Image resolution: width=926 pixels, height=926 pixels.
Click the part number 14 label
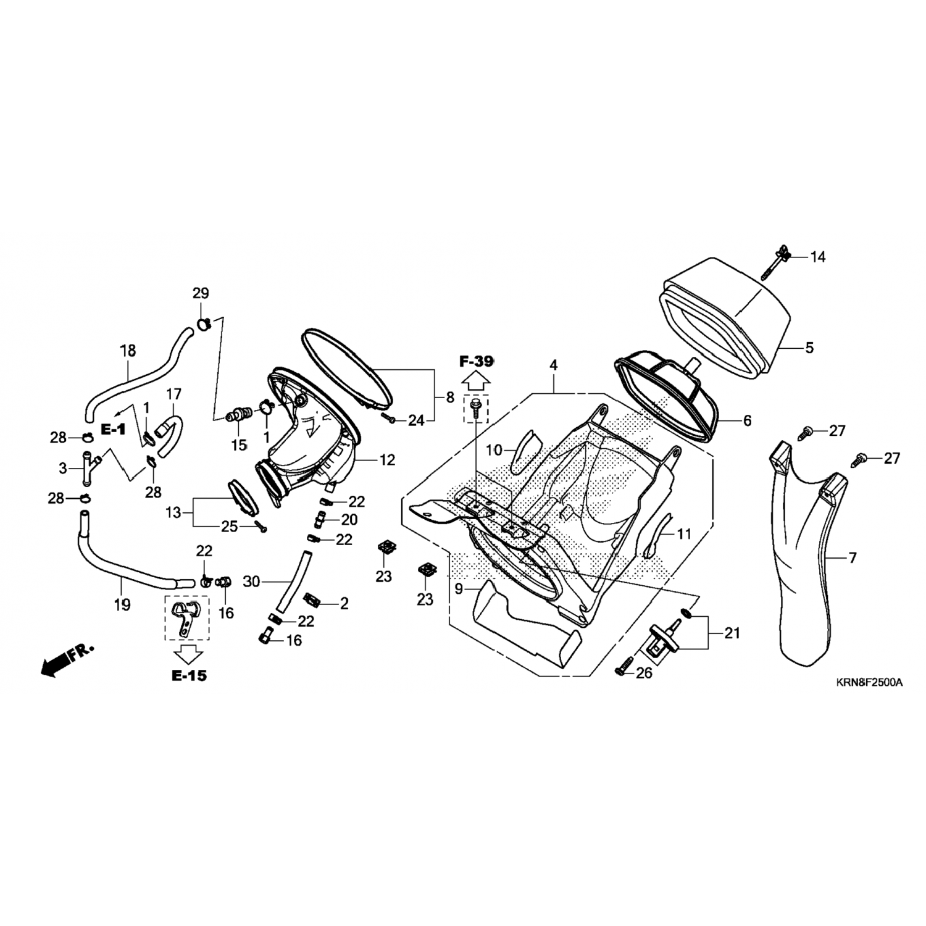pyautogui.click(x=817, y=257)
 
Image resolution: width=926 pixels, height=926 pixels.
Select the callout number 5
pyautogui.click(x=809, y=348)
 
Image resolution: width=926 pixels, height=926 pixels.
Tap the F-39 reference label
pyautogui.click(x=476, y=362)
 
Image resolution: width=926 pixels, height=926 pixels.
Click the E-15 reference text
pyautogui.click(x=189, y=675)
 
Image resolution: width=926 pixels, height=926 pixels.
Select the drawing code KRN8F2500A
pyautogui.click(x=869, y=683)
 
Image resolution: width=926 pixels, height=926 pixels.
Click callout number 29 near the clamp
pyautogui.click(x=201, y=293)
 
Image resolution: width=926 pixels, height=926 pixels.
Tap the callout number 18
pyautogui.click(x=128, y=351)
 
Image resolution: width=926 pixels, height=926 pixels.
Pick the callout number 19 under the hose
pyautogui.click(x=122, y=604)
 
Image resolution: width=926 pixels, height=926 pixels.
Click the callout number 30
pyautogui.click(x=251, y=581)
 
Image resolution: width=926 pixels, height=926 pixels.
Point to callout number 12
pyautogui.click(x=388, y=460)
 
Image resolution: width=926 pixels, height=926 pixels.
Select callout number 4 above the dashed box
pyautogui.click(x=554, y=365)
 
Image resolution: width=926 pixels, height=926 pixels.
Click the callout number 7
pyautogui.click(x=853, y=558)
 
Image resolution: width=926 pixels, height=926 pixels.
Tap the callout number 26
pyautogui.click(x=644, y=673)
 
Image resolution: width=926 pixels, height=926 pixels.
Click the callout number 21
pyautogui.click(x=732, y=633)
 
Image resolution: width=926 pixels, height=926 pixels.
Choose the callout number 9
pyautogui.click(x=459, y=589)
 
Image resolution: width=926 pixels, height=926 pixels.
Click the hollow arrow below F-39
pyautogui.click(x=476, y=382)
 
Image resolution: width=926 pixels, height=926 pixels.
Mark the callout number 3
pyautogui.click(x=63, y=469)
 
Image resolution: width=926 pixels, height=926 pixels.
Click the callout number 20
pyautogui.click(x=349, y=520)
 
